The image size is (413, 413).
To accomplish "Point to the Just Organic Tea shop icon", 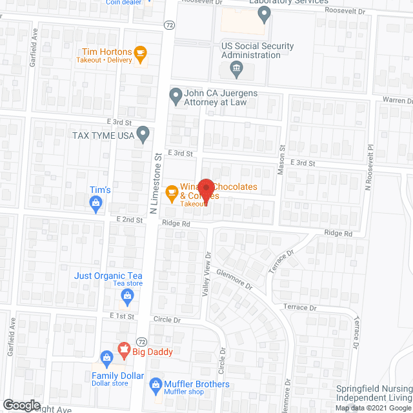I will click(127, 297).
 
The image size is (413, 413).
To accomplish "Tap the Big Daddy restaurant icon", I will click(123, 352).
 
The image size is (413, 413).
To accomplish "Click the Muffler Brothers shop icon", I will click(156, 386).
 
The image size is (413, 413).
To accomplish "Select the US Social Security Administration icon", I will click(236, 67).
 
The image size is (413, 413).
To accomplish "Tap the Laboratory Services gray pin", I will click(263, 14).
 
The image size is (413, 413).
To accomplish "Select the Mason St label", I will click(281, 157).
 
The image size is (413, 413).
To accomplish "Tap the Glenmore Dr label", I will click(234, 279).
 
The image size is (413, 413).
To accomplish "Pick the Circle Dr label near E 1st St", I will click(168, 319).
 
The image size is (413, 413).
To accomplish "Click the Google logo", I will click(22, 405).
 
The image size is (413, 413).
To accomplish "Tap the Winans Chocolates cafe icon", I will click(171, 192).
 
